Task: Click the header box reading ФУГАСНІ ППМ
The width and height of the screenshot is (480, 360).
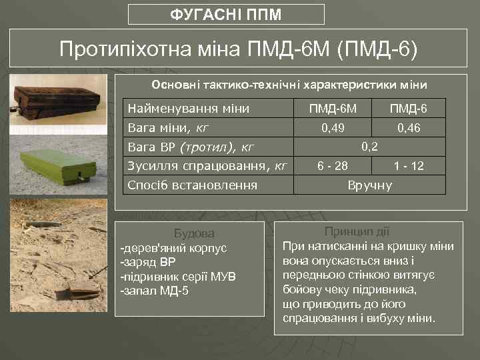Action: point(226,14)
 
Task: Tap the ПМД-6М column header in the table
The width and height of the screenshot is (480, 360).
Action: point(333,108)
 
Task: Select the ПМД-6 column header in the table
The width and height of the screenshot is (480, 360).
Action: point(409,108)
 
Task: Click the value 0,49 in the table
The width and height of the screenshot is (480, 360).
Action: point(333,127)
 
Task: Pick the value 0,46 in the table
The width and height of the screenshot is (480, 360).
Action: point(409,127)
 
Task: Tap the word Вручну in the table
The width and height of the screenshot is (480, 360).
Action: point(370,185)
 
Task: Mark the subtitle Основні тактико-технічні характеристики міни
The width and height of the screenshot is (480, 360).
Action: point(289,85)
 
